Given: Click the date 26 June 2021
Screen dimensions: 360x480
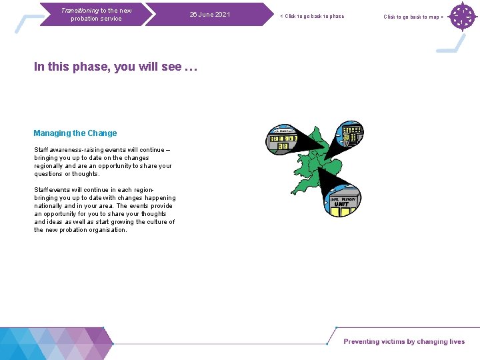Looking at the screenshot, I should [210, 15].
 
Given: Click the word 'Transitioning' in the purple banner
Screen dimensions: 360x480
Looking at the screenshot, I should [79, 10].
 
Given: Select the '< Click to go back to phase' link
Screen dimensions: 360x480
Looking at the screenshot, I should [312, 16].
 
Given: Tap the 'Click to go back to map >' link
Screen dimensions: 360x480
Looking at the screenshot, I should [413, 17].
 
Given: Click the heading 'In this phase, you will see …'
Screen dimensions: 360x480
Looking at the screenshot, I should [116, 67].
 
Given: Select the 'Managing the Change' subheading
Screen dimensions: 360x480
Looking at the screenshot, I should [75, 133].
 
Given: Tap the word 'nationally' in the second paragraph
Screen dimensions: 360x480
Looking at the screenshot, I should [49, 206].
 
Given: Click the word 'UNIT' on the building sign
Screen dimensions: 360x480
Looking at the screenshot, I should [341, 204].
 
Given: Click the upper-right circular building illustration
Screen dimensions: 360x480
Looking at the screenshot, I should [349, 135].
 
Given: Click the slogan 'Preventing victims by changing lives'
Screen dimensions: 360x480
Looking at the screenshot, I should [404, 342].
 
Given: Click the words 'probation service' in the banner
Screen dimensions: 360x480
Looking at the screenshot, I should [97, 19].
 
